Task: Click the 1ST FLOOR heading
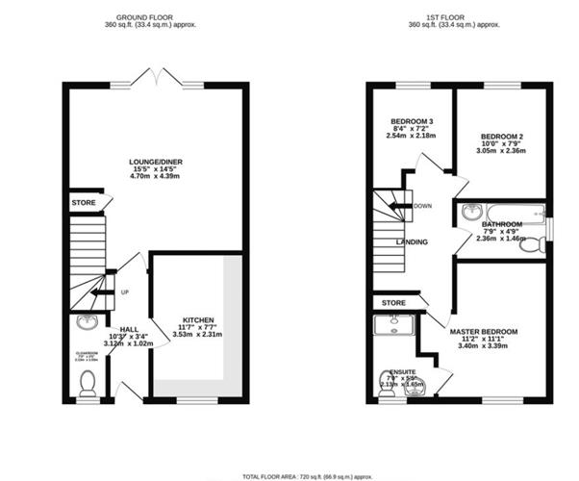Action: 457,17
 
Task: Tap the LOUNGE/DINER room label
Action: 156,162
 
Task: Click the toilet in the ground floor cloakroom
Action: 88,383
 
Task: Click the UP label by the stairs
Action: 126,292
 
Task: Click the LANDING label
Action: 412,241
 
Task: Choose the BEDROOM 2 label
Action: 501,138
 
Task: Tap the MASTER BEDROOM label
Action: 483,332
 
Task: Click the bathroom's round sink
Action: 471,213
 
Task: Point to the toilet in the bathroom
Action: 531,245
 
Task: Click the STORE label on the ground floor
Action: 83,204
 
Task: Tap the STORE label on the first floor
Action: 392,303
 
